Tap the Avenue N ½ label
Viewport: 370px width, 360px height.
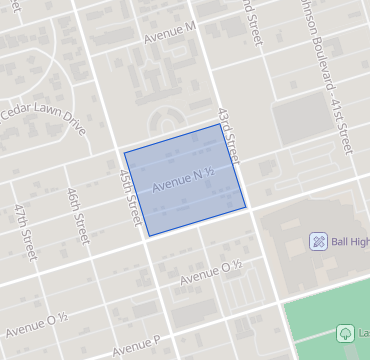[184, 180]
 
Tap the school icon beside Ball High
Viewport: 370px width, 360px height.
[318, 241]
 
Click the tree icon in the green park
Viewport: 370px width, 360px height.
[346, 333]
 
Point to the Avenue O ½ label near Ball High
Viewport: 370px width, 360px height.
[212, 270]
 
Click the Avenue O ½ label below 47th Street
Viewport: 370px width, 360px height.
[36, 322]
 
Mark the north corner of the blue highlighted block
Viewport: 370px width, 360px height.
[221, 124]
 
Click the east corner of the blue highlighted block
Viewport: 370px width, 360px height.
[246, 207]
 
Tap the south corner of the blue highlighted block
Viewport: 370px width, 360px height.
[148, 236]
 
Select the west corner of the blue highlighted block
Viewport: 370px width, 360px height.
[124, 153]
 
